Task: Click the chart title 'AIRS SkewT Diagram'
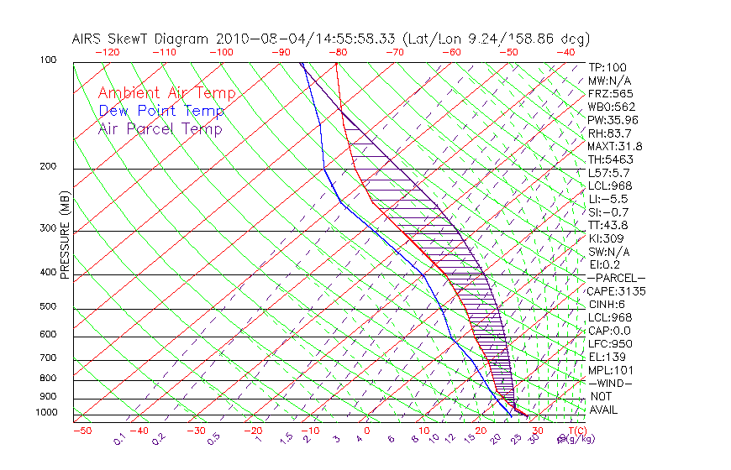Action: [x=140, y=39]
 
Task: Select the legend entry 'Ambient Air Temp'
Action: [x=166, y=93]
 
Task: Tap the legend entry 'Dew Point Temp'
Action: [x=161, y=111]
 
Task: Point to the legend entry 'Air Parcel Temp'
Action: [x=160, y=128]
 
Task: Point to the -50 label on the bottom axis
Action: [x=82, y=431]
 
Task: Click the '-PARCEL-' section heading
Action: [x=616, y=278]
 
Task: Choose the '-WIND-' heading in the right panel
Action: [x=611, y=383]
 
